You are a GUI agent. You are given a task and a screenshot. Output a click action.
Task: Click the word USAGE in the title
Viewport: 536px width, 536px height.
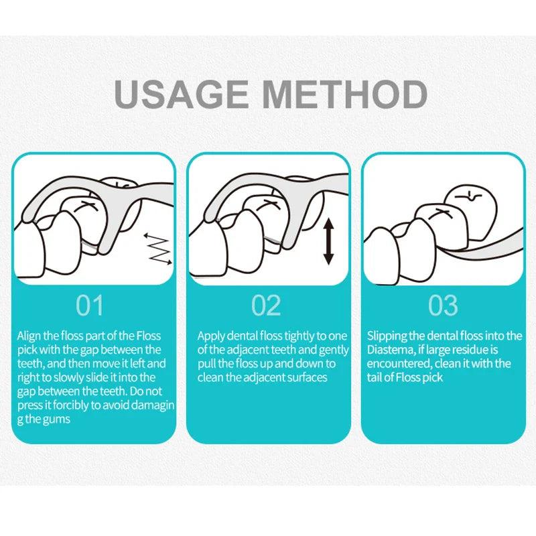[182, 94]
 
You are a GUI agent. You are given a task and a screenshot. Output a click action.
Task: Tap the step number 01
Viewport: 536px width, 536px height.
[90, 306]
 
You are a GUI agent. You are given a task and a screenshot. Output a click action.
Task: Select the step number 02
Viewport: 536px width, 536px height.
[266, 306]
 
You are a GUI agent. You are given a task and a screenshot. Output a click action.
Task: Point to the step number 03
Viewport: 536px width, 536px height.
[443, 306]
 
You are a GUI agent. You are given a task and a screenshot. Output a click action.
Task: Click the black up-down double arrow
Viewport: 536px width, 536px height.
[328, 242]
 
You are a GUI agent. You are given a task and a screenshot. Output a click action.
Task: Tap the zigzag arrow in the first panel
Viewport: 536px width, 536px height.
[158, 249]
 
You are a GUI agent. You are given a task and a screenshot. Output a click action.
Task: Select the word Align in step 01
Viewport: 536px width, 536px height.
[29, 336]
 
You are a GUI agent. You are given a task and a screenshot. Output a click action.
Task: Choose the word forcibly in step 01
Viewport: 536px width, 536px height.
[71, 405]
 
